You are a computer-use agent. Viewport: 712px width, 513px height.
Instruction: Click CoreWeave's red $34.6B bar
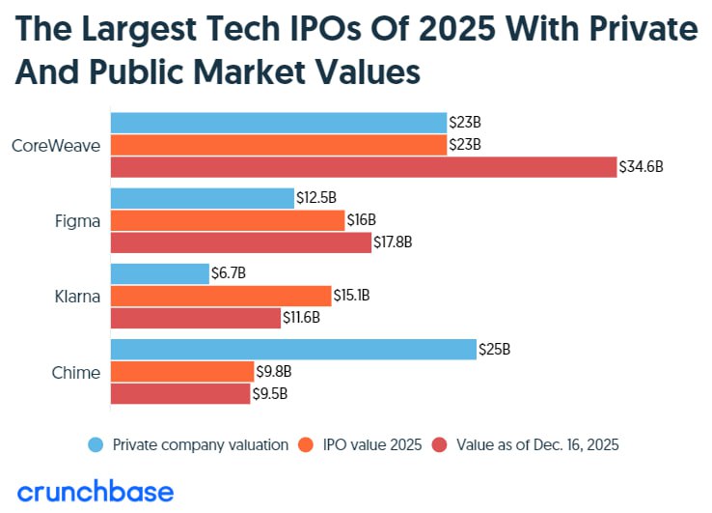coord(364,167)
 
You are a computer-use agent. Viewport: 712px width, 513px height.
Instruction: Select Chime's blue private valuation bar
coord(294,349)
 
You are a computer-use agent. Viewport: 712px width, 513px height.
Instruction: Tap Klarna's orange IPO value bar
coord(221,296)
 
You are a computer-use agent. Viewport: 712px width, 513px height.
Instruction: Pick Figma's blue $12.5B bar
coord(203,198)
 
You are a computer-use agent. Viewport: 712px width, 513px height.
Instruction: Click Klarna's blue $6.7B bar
coord(160,273)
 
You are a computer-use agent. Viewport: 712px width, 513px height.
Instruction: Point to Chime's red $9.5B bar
coord(180,394)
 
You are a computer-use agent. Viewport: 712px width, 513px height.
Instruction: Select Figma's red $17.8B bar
coord(241,242)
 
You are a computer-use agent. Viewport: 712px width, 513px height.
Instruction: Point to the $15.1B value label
coord(353,296)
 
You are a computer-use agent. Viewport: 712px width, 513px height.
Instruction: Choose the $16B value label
coord(362,220)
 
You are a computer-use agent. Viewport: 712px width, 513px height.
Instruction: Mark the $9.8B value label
coord(273,372)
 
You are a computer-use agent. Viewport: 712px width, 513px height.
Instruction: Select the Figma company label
coord(77,220)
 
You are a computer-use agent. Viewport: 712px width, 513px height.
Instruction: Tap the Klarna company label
coord(77,297)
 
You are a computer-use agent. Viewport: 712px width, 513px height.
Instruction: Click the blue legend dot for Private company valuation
coord(96,444)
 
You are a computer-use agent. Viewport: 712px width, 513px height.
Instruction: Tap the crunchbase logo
coord(96,491)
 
